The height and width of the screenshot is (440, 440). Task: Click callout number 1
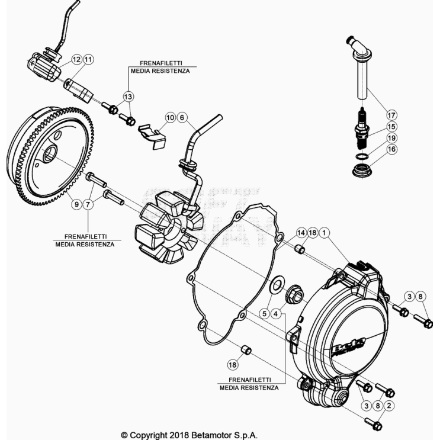[x=325, y=233]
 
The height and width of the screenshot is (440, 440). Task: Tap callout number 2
[x=389, y=405]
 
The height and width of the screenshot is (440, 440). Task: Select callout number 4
[x=276, y=313]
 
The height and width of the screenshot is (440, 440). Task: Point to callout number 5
[x=264, y=313]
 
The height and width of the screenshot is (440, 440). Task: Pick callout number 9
[x=76, y=204]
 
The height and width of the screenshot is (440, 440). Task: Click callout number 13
[x=129, y=95]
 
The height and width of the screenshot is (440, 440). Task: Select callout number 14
[x=301, y=233]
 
